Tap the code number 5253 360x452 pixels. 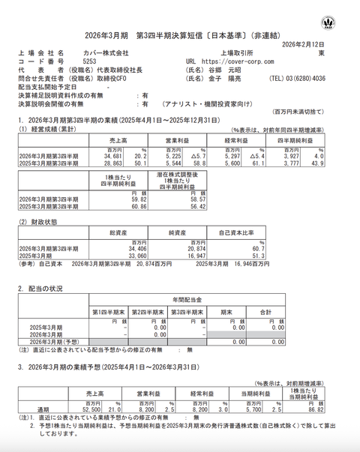89,61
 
